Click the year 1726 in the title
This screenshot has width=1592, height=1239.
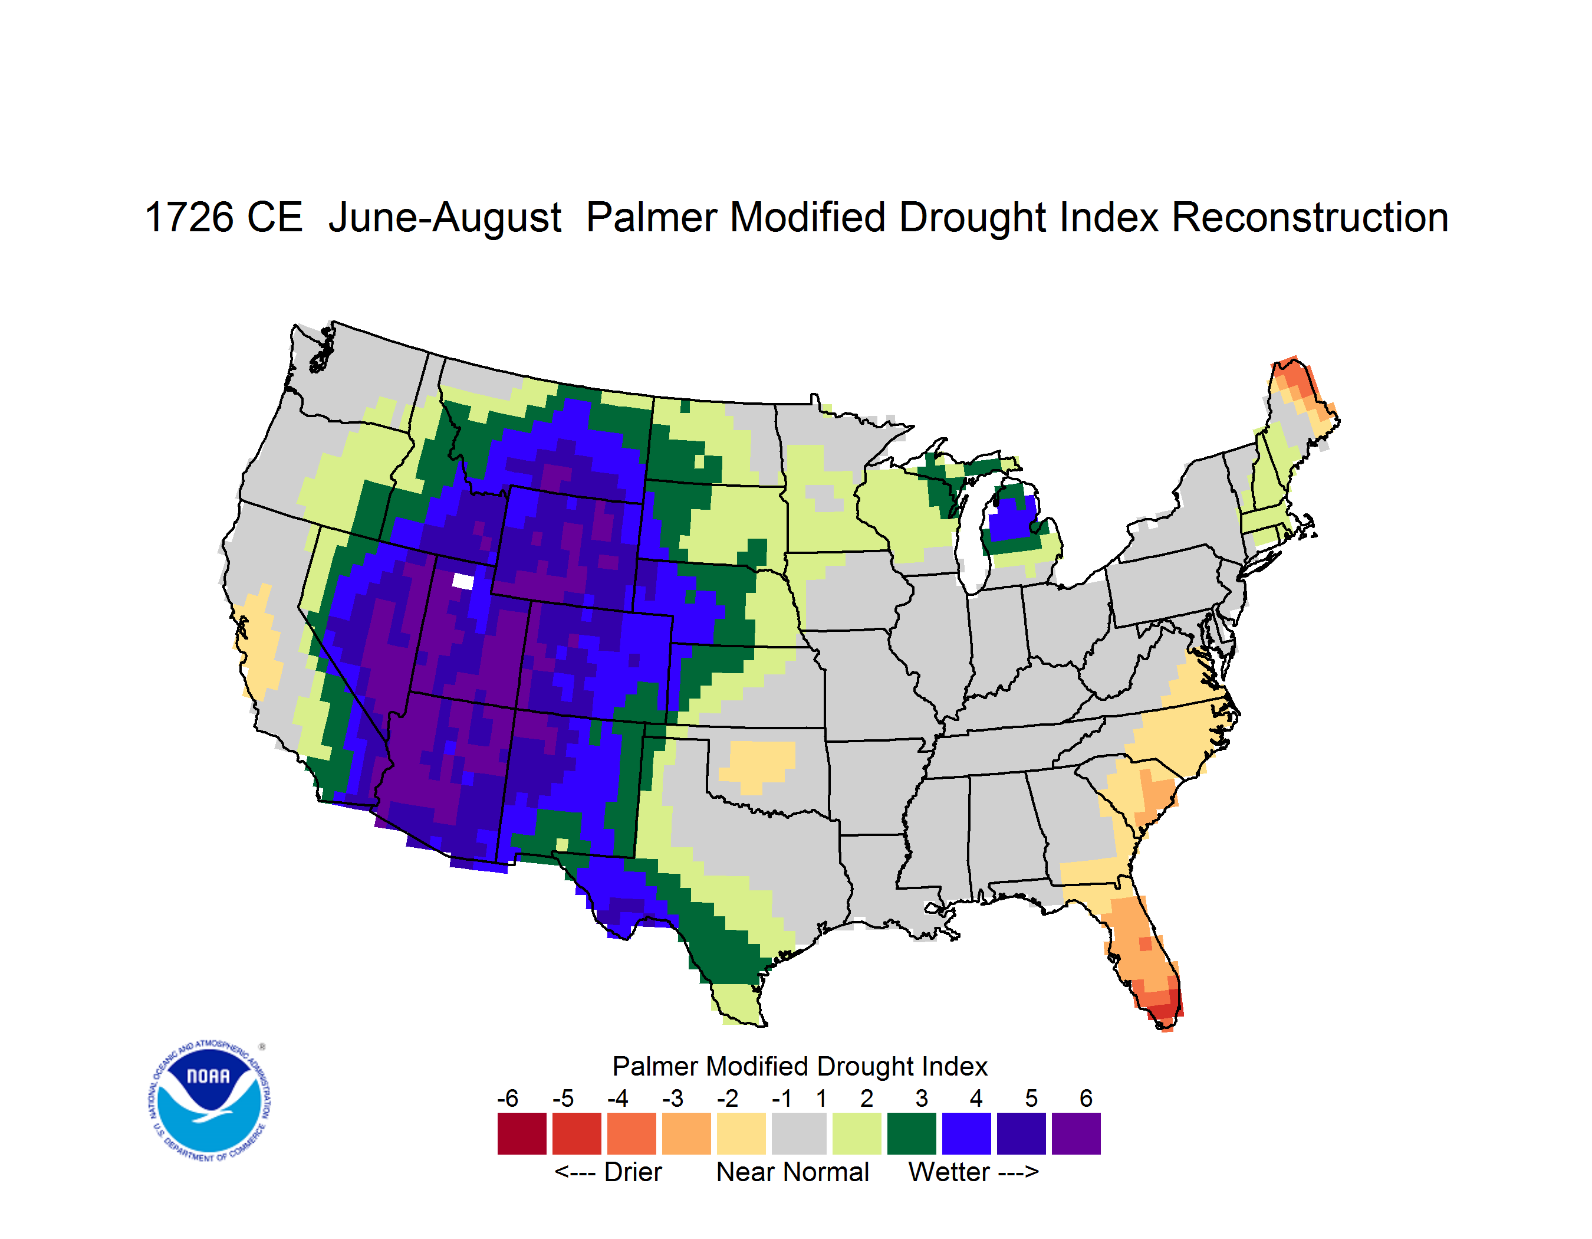189,217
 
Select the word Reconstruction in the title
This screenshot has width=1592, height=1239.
1310,217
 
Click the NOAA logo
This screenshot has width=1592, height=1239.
209,1100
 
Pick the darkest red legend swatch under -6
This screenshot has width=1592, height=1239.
522,1133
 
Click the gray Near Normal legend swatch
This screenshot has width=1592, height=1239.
799,1133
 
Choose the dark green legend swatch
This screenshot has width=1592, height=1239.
911,1133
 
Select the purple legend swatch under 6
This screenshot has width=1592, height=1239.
1076,1133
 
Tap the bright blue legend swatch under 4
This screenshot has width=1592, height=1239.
966,1133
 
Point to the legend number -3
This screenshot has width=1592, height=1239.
673,1098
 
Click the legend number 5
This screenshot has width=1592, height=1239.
1031,1098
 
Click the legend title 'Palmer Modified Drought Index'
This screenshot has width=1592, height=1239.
800,1066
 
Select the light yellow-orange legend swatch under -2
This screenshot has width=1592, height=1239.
741,1133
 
